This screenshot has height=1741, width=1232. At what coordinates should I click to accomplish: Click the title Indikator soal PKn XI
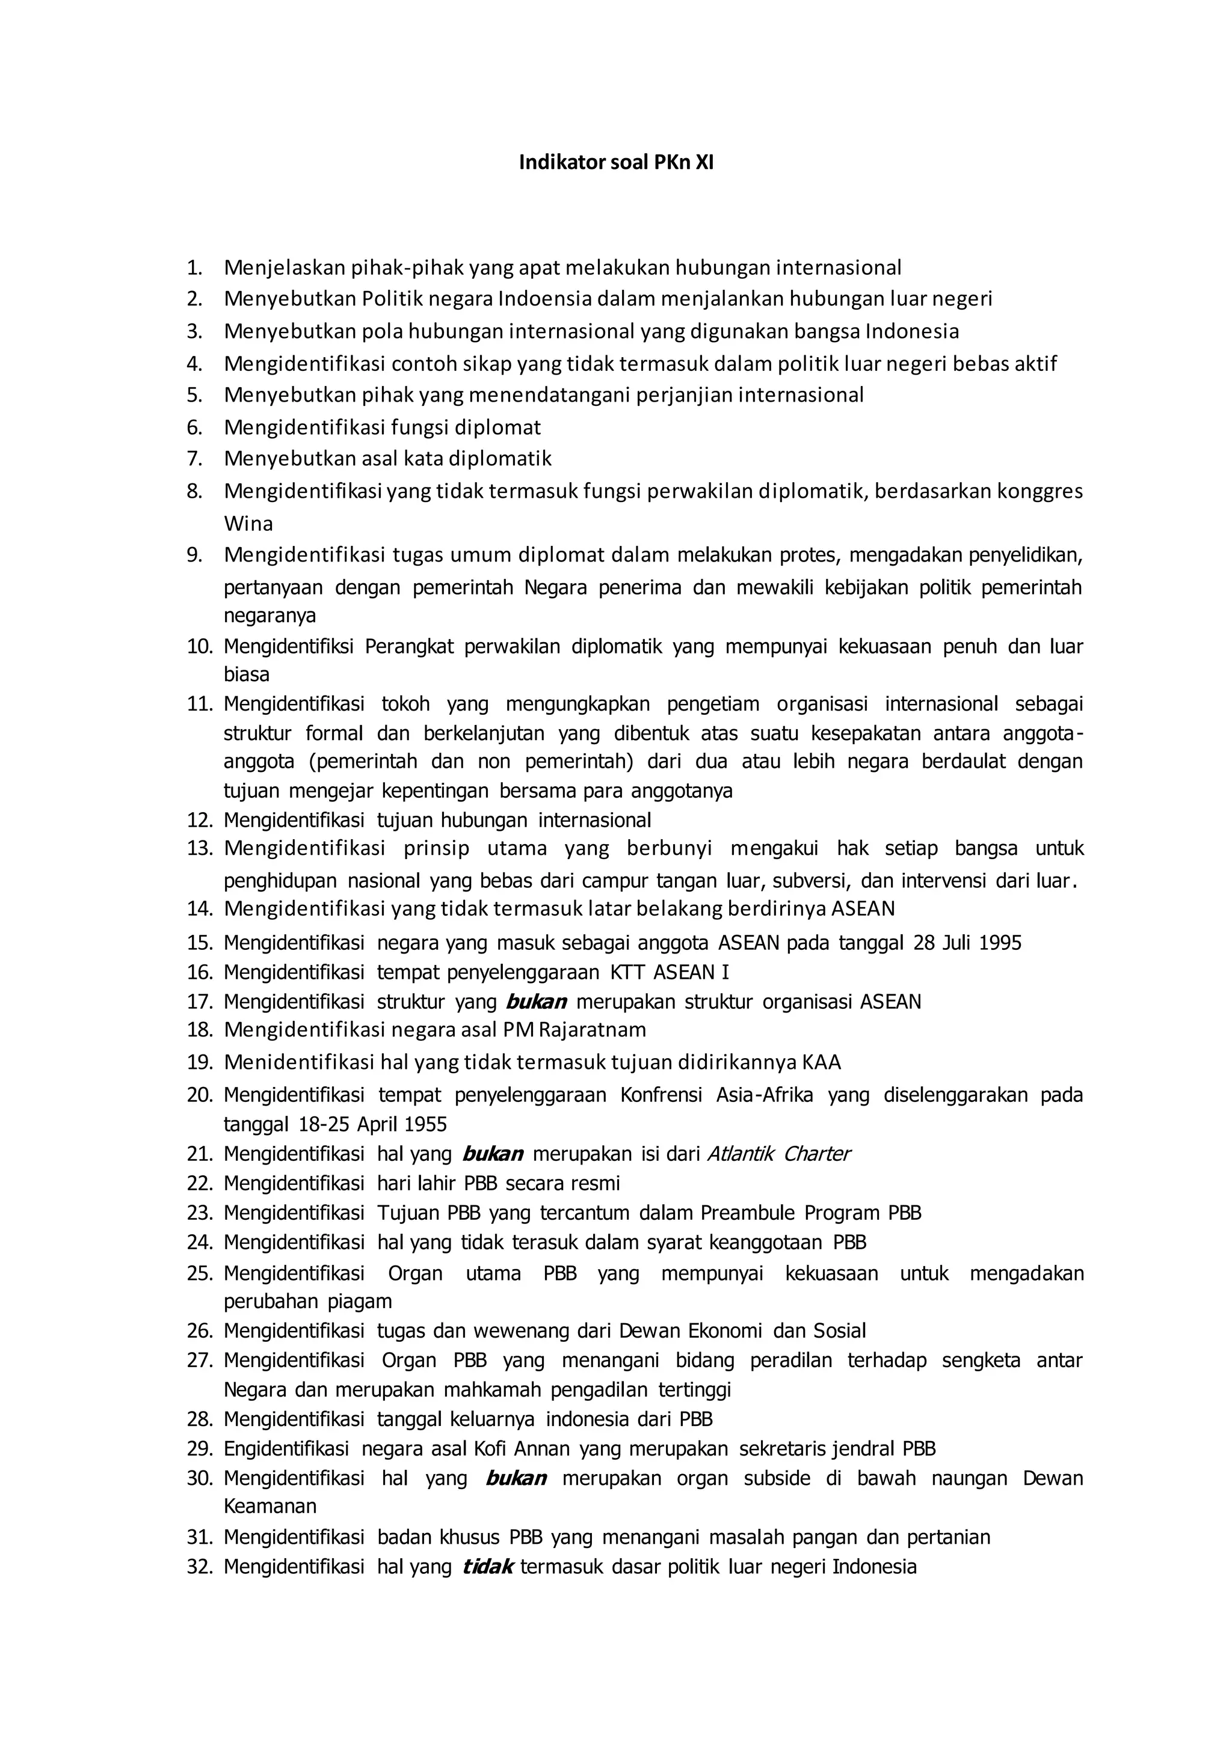coord(615,162)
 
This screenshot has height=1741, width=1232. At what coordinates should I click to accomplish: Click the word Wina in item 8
coord(248,524)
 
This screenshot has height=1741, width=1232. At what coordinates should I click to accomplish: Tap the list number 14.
coord(200,908)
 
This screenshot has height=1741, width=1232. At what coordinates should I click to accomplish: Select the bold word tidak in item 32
coord(488,1567)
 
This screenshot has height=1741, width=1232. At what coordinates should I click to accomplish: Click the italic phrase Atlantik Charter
coord(778,1154)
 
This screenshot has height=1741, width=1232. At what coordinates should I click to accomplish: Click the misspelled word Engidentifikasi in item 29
coord(286,1449)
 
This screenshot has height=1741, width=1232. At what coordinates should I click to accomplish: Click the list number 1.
coord(195,268)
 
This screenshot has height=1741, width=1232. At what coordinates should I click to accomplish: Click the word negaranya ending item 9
coord(269,615)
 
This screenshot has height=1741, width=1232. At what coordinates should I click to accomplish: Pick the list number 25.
coord(200,1273)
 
